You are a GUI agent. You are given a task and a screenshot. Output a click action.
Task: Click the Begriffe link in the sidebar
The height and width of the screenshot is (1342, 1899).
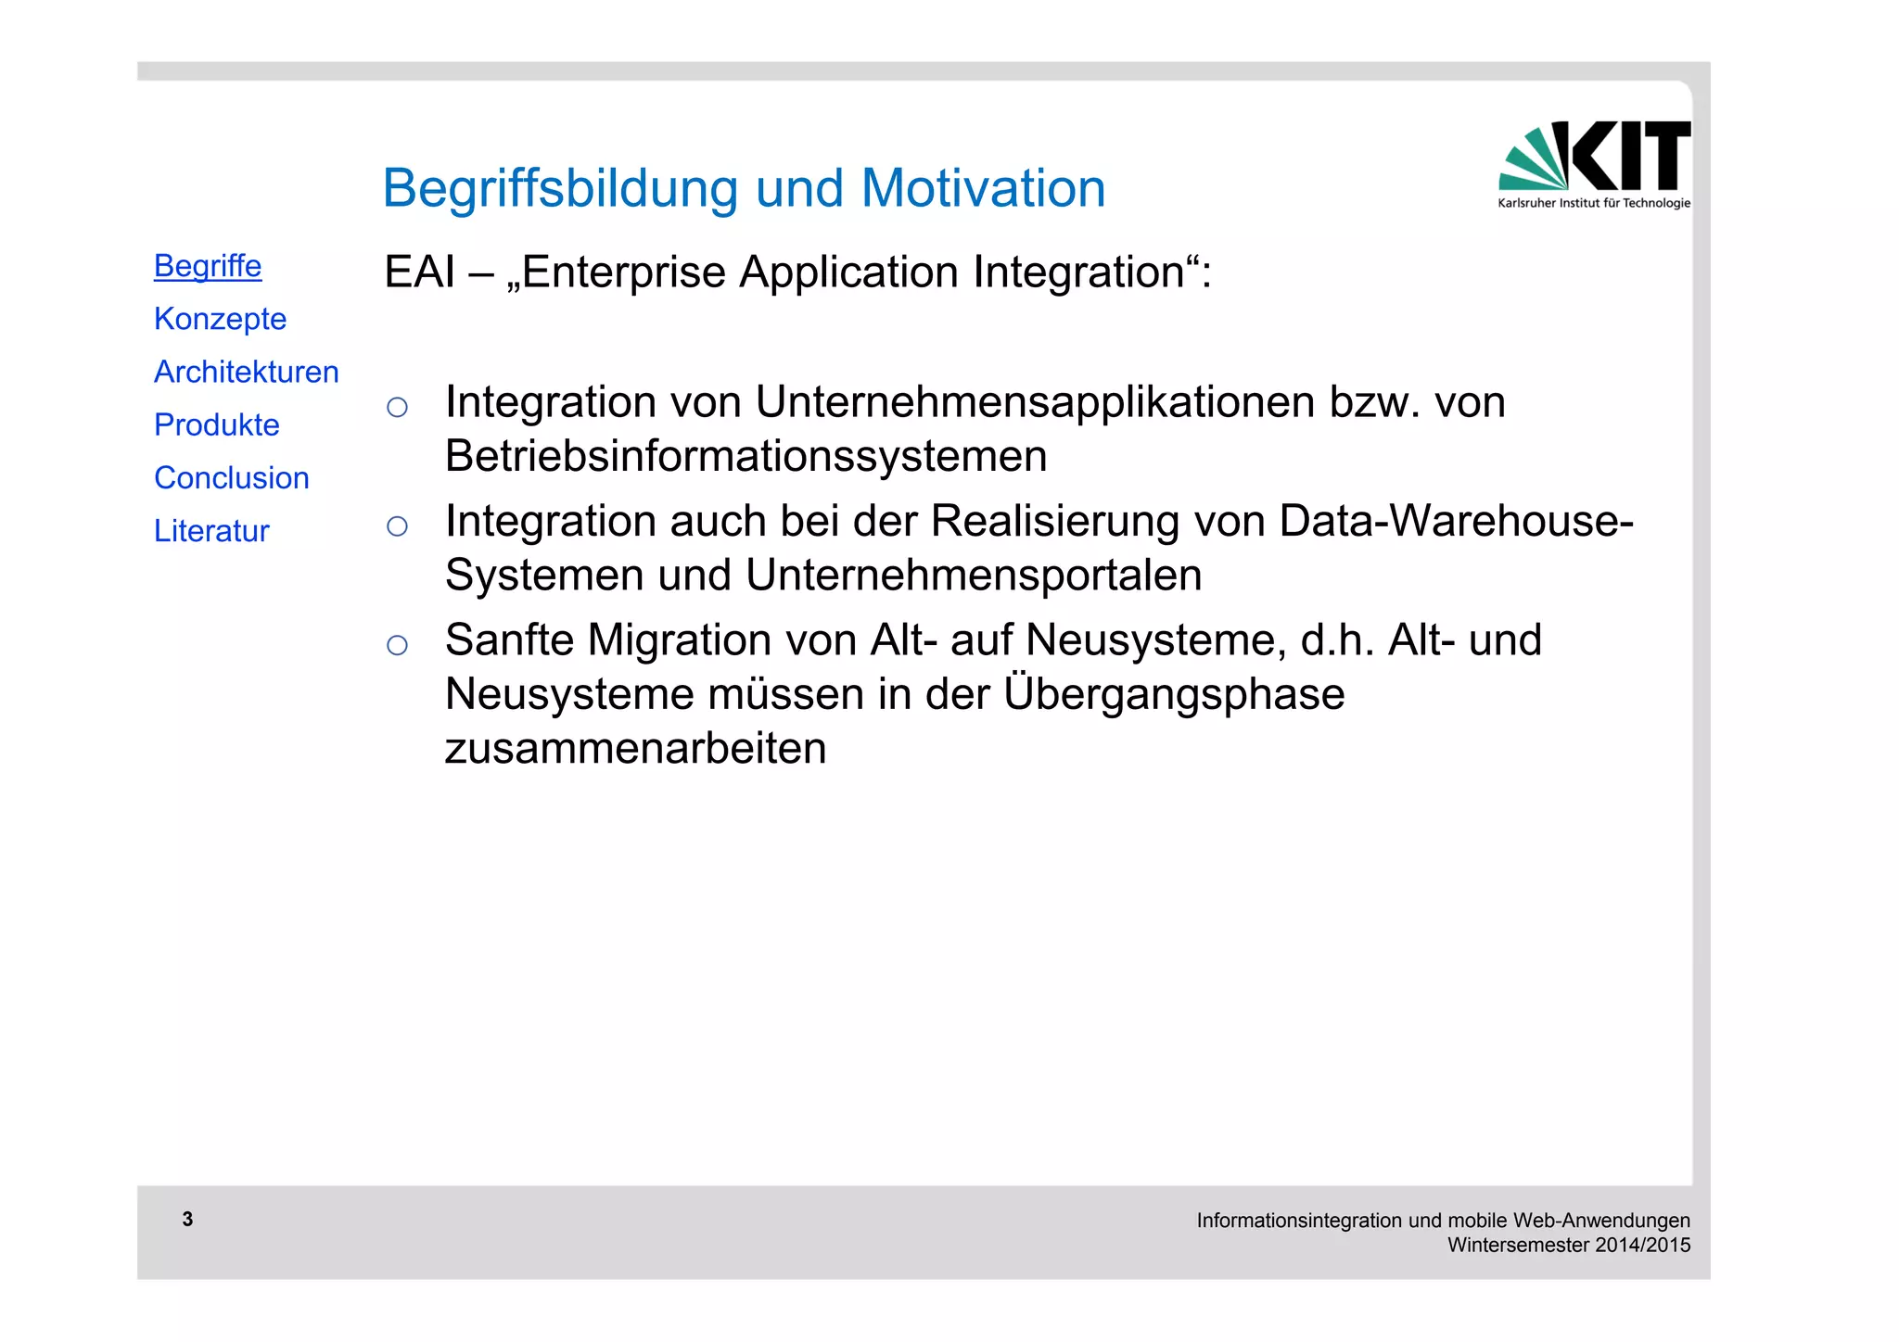(x=208, y=266)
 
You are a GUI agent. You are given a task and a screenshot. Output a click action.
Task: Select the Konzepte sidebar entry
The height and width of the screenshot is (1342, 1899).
(x=220, y=319)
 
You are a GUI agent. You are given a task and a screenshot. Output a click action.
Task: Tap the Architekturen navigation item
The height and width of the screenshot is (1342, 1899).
(x=246, y=372)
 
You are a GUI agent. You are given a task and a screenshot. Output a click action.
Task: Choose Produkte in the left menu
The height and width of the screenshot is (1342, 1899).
(x=216, y=424)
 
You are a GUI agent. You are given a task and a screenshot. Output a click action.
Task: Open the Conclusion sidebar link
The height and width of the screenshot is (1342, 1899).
(x=231, y=477)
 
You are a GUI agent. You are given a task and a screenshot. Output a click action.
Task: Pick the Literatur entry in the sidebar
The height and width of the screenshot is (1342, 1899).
(x=211, y=531)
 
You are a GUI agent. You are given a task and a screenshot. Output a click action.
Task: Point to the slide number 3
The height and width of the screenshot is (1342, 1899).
(x=187, y=1219)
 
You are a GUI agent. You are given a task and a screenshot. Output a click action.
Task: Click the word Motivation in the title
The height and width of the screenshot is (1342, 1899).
(x=983, y=188)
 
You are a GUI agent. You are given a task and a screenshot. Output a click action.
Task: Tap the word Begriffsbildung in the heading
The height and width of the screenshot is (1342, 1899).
(x=559, y=188)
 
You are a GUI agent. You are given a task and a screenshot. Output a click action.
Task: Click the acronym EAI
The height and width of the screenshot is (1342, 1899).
(x=419, y=272)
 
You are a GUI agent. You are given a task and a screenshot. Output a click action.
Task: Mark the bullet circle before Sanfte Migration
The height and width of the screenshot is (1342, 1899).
(x=397, y=645)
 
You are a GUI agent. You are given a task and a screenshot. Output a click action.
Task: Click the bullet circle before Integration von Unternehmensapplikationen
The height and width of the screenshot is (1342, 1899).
(x=397, y=407)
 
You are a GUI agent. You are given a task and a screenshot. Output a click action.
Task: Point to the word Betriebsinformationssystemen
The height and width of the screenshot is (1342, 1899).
(x=746, y=456)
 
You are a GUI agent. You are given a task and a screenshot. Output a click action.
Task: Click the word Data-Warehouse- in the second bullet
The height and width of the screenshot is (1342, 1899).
(x=1456, y=521)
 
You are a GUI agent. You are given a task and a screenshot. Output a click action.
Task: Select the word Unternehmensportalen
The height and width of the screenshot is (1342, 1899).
(x=974, y=575)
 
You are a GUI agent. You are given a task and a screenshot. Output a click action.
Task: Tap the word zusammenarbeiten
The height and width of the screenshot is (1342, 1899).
(x=635, y=748)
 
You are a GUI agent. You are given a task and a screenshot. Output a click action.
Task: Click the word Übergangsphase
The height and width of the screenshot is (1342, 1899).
(x=1173, y=693)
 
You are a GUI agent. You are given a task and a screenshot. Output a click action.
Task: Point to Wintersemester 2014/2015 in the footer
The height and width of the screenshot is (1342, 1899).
(x=1569, y=1245)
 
